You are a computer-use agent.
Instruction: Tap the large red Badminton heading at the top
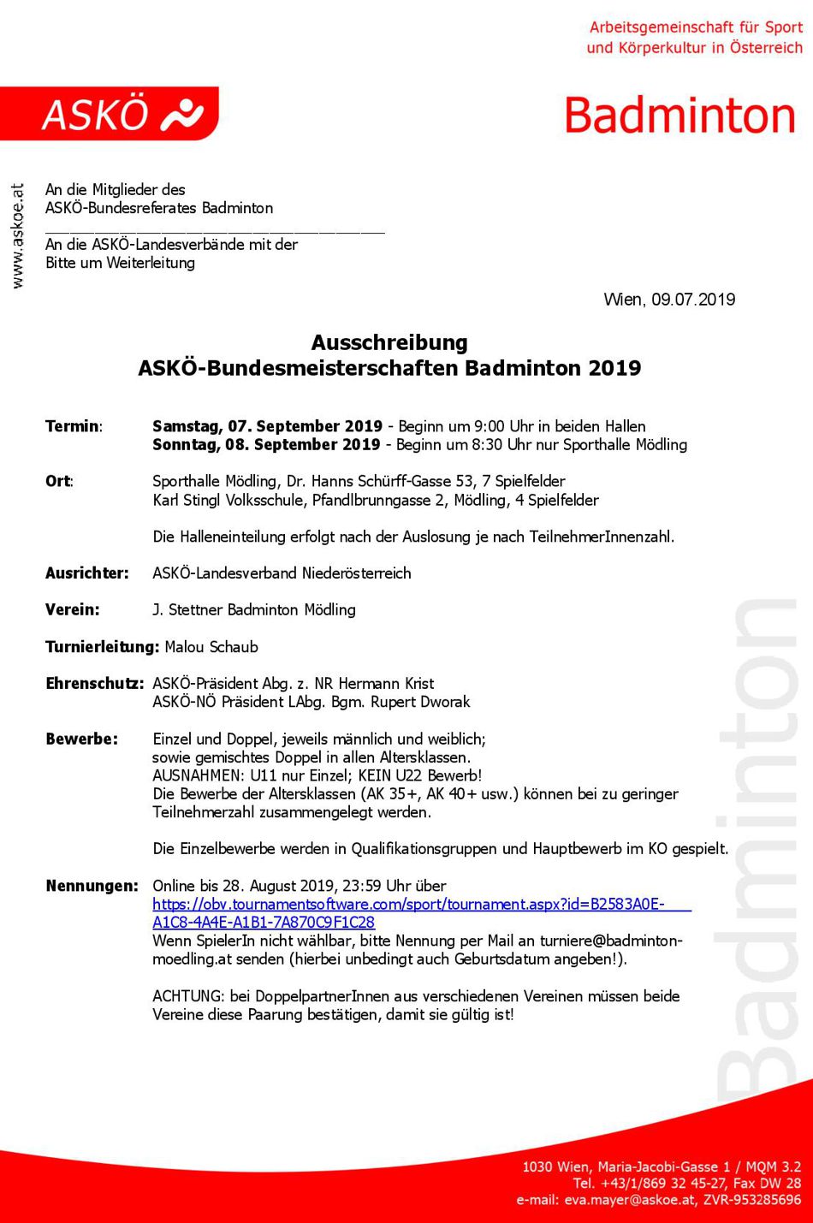tap(679, 116)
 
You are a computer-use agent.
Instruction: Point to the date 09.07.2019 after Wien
tap(693, 300)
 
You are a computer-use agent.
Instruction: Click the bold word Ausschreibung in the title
tap(389, 342)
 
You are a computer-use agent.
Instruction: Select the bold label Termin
tap(74, 426)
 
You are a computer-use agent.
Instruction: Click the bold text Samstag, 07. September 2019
tap(267, 426)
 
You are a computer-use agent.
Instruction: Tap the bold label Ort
tap(58, 481)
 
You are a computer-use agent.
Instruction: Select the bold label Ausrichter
tap(86, 573)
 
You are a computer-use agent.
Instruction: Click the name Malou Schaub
tap(211, 647)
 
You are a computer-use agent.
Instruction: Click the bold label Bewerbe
tap(81, 739)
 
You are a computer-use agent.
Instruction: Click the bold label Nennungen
tap(92, 886)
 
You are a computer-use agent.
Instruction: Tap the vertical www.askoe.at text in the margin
tap(17, 236)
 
